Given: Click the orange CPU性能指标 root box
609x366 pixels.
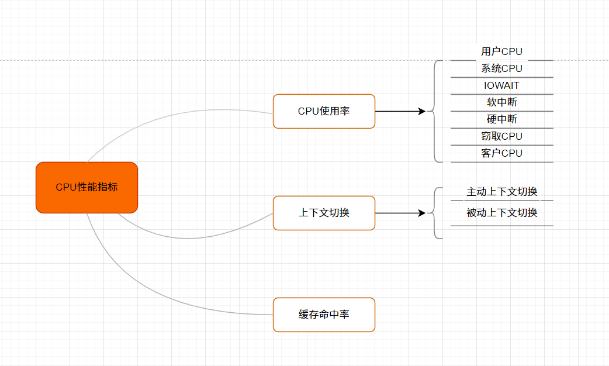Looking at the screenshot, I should pyautogui.click(x=86, y=187).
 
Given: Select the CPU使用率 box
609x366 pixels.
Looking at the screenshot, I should pyautogui.click(x=324, y=111).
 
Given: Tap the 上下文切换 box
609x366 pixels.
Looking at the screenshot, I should pyautogui.click(x=324, y=213).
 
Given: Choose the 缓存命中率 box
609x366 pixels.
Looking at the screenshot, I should pyautogui.click(x=324, y=315).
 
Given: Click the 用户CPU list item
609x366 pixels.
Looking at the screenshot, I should pyautogui.click(x=501, y=52).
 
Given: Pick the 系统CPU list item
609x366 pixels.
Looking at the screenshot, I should pyautogui.click(x=501, y=68).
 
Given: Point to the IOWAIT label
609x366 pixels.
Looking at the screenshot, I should pyautogui.click(x=501, y=85).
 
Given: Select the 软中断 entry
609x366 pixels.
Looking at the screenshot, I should pyautogui.click(x=501, y=102).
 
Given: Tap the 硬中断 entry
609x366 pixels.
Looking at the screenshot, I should pyautogui.click(x=501, y=119).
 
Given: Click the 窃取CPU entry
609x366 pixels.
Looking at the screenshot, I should pyautogui.click(x=501, y=136).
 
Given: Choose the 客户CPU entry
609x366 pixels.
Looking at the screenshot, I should pyautogui.click(x=501, y=153).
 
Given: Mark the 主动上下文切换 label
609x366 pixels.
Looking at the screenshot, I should pyautogui.click(x=501, y=192).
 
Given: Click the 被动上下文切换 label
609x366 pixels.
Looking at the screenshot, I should pyautogui.click(x=501, y=213).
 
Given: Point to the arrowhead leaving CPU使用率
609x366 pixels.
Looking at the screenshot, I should pyautogui.click(x=421, y=111).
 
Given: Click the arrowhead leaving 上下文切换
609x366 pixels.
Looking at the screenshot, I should pyautogui.click(x=421, y=213).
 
